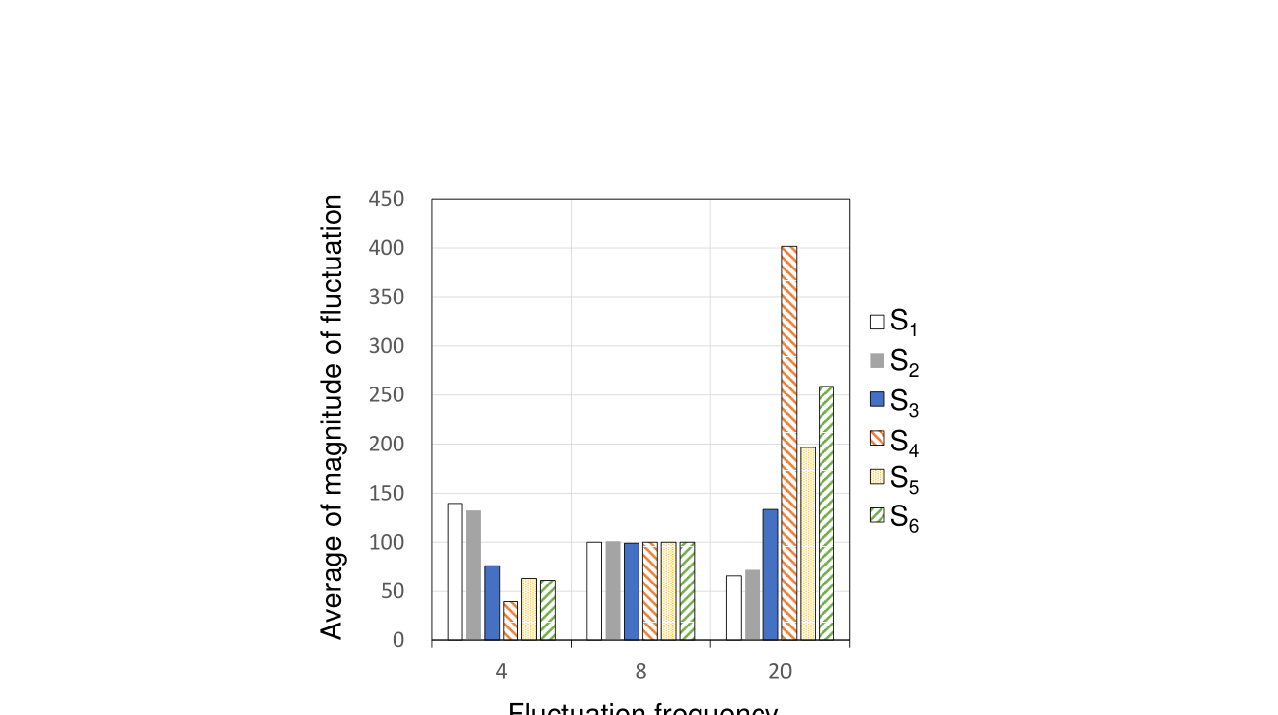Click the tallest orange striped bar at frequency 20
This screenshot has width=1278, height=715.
pos(789,443)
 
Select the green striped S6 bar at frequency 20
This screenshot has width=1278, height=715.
pos(826,512)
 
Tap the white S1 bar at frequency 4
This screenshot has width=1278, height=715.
pos(455,571)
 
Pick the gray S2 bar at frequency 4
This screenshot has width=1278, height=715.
pos(473,575)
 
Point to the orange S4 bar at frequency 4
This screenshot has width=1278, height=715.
pos(511,621)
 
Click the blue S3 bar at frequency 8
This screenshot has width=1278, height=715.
pos(632,591)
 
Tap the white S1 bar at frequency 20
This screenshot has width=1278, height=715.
pos(734,608)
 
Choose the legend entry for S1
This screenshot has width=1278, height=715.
pos(893,322)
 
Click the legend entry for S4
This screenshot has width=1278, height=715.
pos(893,443)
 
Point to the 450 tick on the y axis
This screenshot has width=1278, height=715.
pos(386,199)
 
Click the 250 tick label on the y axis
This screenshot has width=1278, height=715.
pos(386,395)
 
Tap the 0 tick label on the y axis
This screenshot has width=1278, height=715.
pos(397,640)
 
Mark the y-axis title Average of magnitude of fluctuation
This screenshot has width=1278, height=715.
pos(333,417)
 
